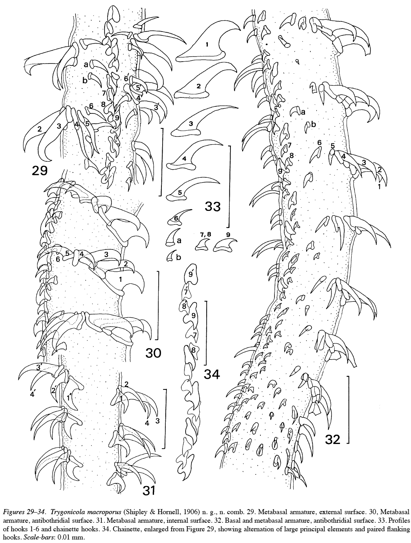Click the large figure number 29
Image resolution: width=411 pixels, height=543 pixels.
(x=40, y=170)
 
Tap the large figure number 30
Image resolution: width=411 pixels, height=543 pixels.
(x=153, y=353)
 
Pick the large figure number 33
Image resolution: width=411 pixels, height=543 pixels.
(x=213, y=206)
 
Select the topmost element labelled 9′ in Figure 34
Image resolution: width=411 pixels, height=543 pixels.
(x=191, y=273)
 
